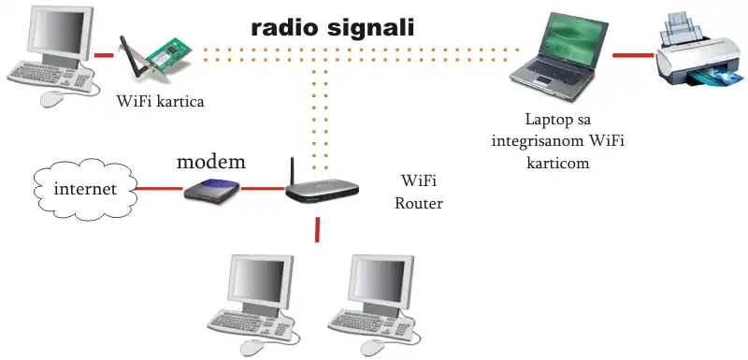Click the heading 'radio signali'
[333, 27]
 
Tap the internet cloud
[84, 189]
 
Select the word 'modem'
[211, 162]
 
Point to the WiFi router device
[322, 191]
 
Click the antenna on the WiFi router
[293, 169]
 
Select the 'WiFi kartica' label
[161, 101]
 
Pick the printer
[697, 51]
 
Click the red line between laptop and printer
[633, 55]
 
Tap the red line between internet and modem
[157, 189]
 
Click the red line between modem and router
[261, 189]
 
